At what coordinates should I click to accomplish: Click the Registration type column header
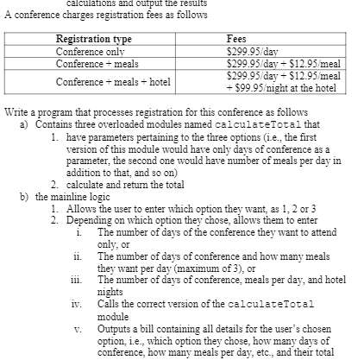pos(94,40)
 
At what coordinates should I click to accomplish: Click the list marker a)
pos(24,124)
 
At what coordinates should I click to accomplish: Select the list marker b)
pos(24,197)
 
